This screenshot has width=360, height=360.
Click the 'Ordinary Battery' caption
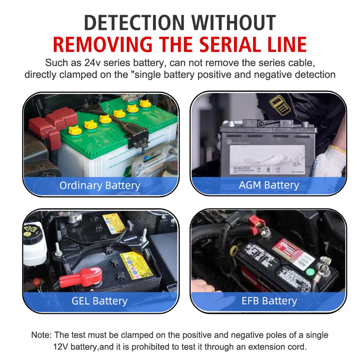coord(100,185)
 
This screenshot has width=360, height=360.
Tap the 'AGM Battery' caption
coord(269,185)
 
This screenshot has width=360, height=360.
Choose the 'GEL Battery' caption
coord(99,301)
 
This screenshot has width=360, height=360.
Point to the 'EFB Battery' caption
coord(269,301)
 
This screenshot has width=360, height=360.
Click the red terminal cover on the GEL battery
coord(81,277)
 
